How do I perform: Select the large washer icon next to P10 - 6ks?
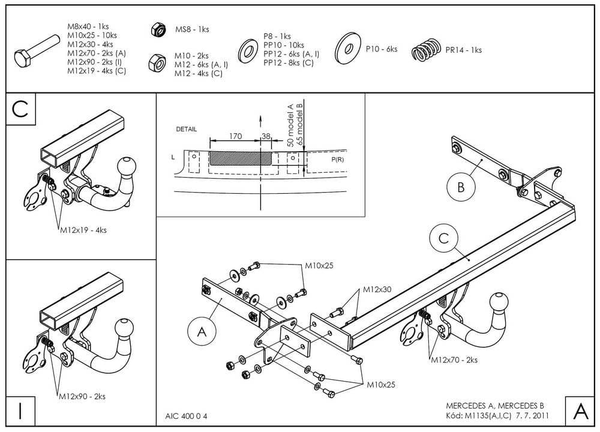(x=348, y=48)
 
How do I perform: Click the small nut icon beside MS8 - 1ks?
(x=158, y=29)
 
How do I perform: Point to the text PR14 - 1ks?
(x=464, y=50)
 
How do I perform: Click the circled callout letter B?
(x=461, y=187)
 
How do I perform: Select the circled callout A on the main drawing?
(x=202, y=330)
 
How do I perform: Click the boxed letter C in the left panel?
(x=20, y=109)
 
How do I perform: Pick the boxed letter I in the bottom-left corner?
(x=20, y=411)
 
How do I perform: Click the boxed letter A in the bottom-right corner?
(x=580, y=411)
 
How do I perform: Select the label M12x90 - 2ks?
(x=82, y=396)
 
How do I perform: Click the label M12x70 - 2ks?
(x=454, y=360)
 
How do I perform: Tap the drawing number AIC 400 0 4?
(x=186, y=416)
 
